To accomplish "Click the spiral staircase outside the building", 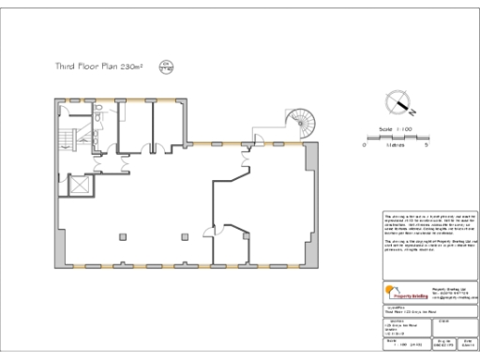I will pos(303,119).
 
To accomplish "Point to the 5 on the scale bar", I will pos(427,145).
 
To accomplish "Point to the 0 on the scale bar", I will pos(365,145).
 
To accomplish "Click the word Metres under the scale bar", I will pos(395,145).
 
